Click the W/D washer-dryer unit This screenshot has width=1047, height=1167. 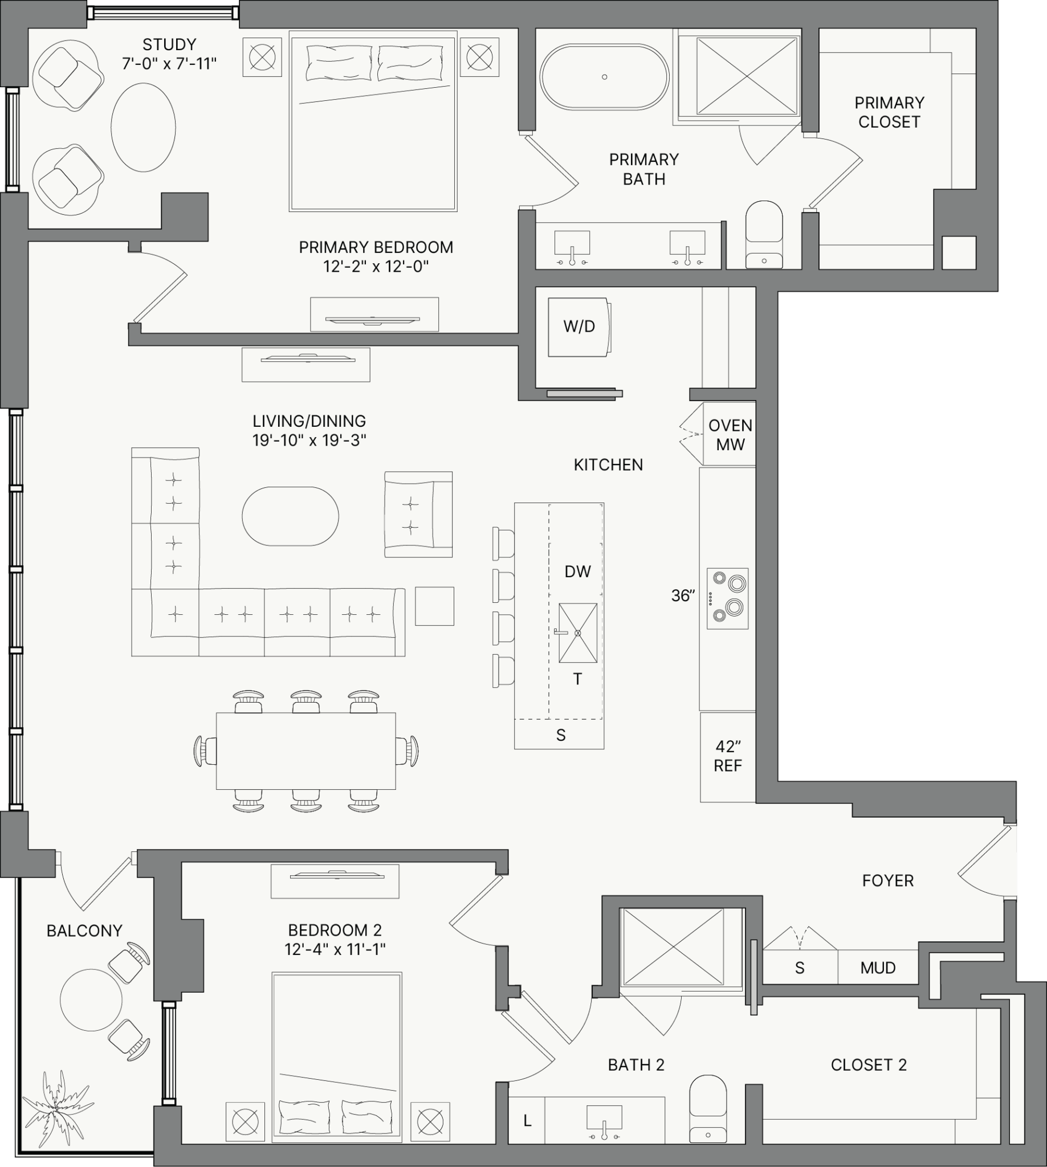pyautogui.click(x=579, y=327)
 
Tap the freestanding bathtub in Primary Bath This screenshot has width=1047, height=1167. pyautogui.click(x=604, y=77)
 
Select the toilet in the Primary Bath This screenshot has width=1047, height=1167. pyautogui.click(x=764, y=234)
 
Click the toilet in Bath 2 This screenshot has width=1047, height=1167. pyautogui.click(x=707, y=1108)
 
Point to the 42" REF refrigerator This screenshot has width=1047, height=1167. pyautogui.click(x=728, y=757)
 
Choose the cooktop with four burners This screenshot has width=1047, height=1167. pyautogui.click(x=728, y=599)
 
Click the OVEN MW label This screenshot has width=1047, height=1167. pyautogui.click(x=730, y=435)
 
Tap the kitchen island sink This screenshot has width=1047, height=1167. pyautogui.click(x=577, y=633)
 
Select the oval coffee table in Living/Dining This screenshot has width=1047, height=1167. pyautogui.click(x=290, y=516)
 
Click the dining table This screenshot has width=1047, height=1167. pyautogui.click(x=305, y=750)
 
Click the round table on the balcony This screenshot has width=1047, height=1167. pyautogui.click(x=91, y=1000)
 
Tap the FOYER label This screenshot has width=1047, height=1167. pyautogui.click(x=887, y=880)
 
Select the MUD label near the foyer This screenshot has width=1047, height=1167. pyautogui.click(x=878, y=968)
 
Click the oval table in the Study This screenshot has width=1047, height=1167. pyautogui.click(x=143, y=127)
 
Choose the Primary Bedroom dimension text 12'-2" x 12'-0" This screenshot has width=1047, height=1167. pyautogui.click(x=376, y=266)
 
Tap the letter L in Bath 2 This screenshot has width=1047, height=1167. pyautogui.click(x=527, y=1120)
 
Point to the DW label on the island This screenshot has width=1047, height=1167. pyautogui.click(x=577, y=571)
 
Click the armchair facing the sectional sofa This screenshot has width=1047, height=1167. pyautogui.click(x=418, y=514)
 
